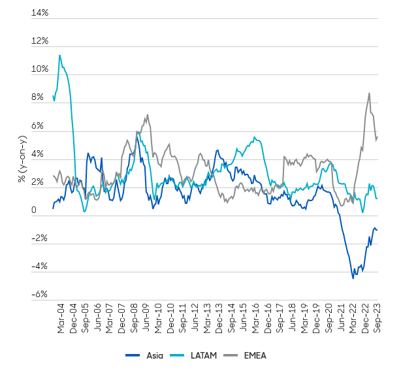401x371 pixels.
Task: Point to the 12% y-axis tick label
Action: (40, 41)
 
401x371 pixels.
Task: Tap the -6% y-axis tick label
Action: (39, 295)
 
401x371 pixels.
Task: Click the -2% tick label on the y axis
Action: (39, 238)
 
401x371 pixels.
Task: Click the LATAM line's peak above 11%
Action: (60, 56)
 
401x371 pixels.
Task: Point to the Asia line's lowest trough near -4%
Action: (353, 278)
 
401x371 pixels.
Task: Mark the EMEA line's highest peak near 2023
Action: (370, 93)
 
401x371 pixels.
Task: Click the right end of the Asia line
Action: (377, 229)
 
